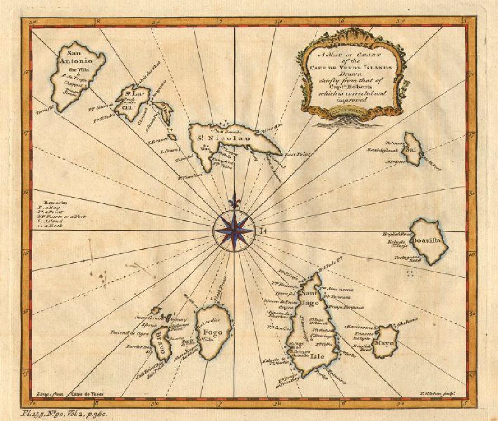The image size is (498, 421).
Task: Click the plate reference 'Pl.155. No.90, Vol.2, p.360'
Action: click(x=64, y=413)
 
